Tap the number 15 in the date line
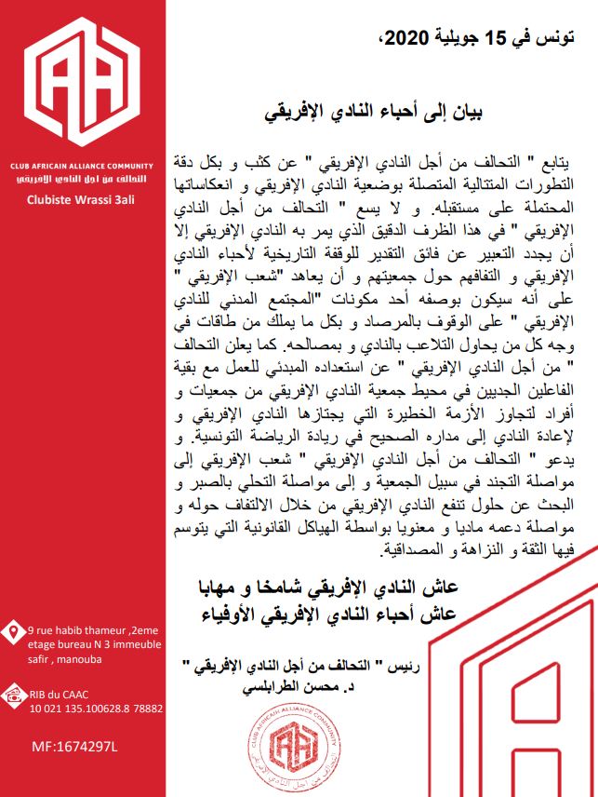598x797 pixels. point(501,38)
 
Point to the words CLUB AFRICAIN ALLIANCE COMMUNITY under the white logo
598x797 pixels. point(82,164)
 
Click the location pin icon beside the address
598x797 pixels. point(14,633)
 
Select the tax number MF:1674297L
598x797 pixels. point(70,746)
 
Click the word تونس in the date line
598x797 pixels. point(556,38)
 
